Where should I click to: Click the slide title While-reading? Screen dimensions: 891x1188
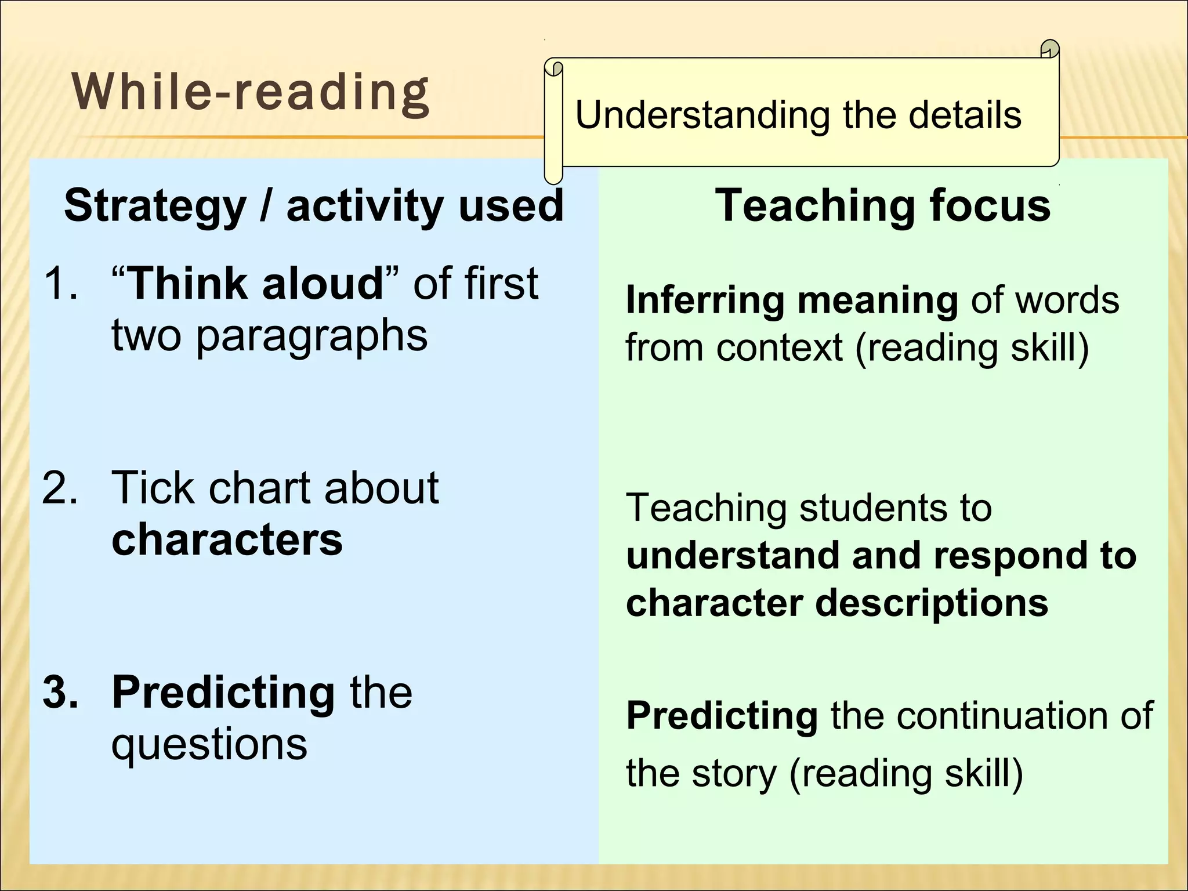click(251, 93)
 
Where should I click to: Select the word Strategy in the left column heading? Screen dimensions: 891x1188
click(155, 207)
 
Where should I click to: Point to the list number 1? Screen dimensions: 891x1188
click(60, 284)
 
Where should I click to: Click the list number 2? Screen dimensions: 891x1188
click(60, 487)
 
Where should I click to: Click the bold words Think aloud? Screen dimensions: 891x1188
click(255, 284)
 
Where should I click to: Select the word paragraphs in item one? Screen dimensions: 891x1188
click(312, 337)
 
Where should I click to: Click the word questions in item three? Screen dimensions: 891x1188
click(209, 745)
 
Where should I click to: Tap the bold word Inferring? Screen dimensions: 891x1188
click(704, 300)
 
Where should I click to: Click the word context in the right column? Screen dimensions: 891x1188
click(779, 348)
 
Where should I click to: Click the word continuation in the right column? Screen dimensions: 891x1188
click(1002, 716)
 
